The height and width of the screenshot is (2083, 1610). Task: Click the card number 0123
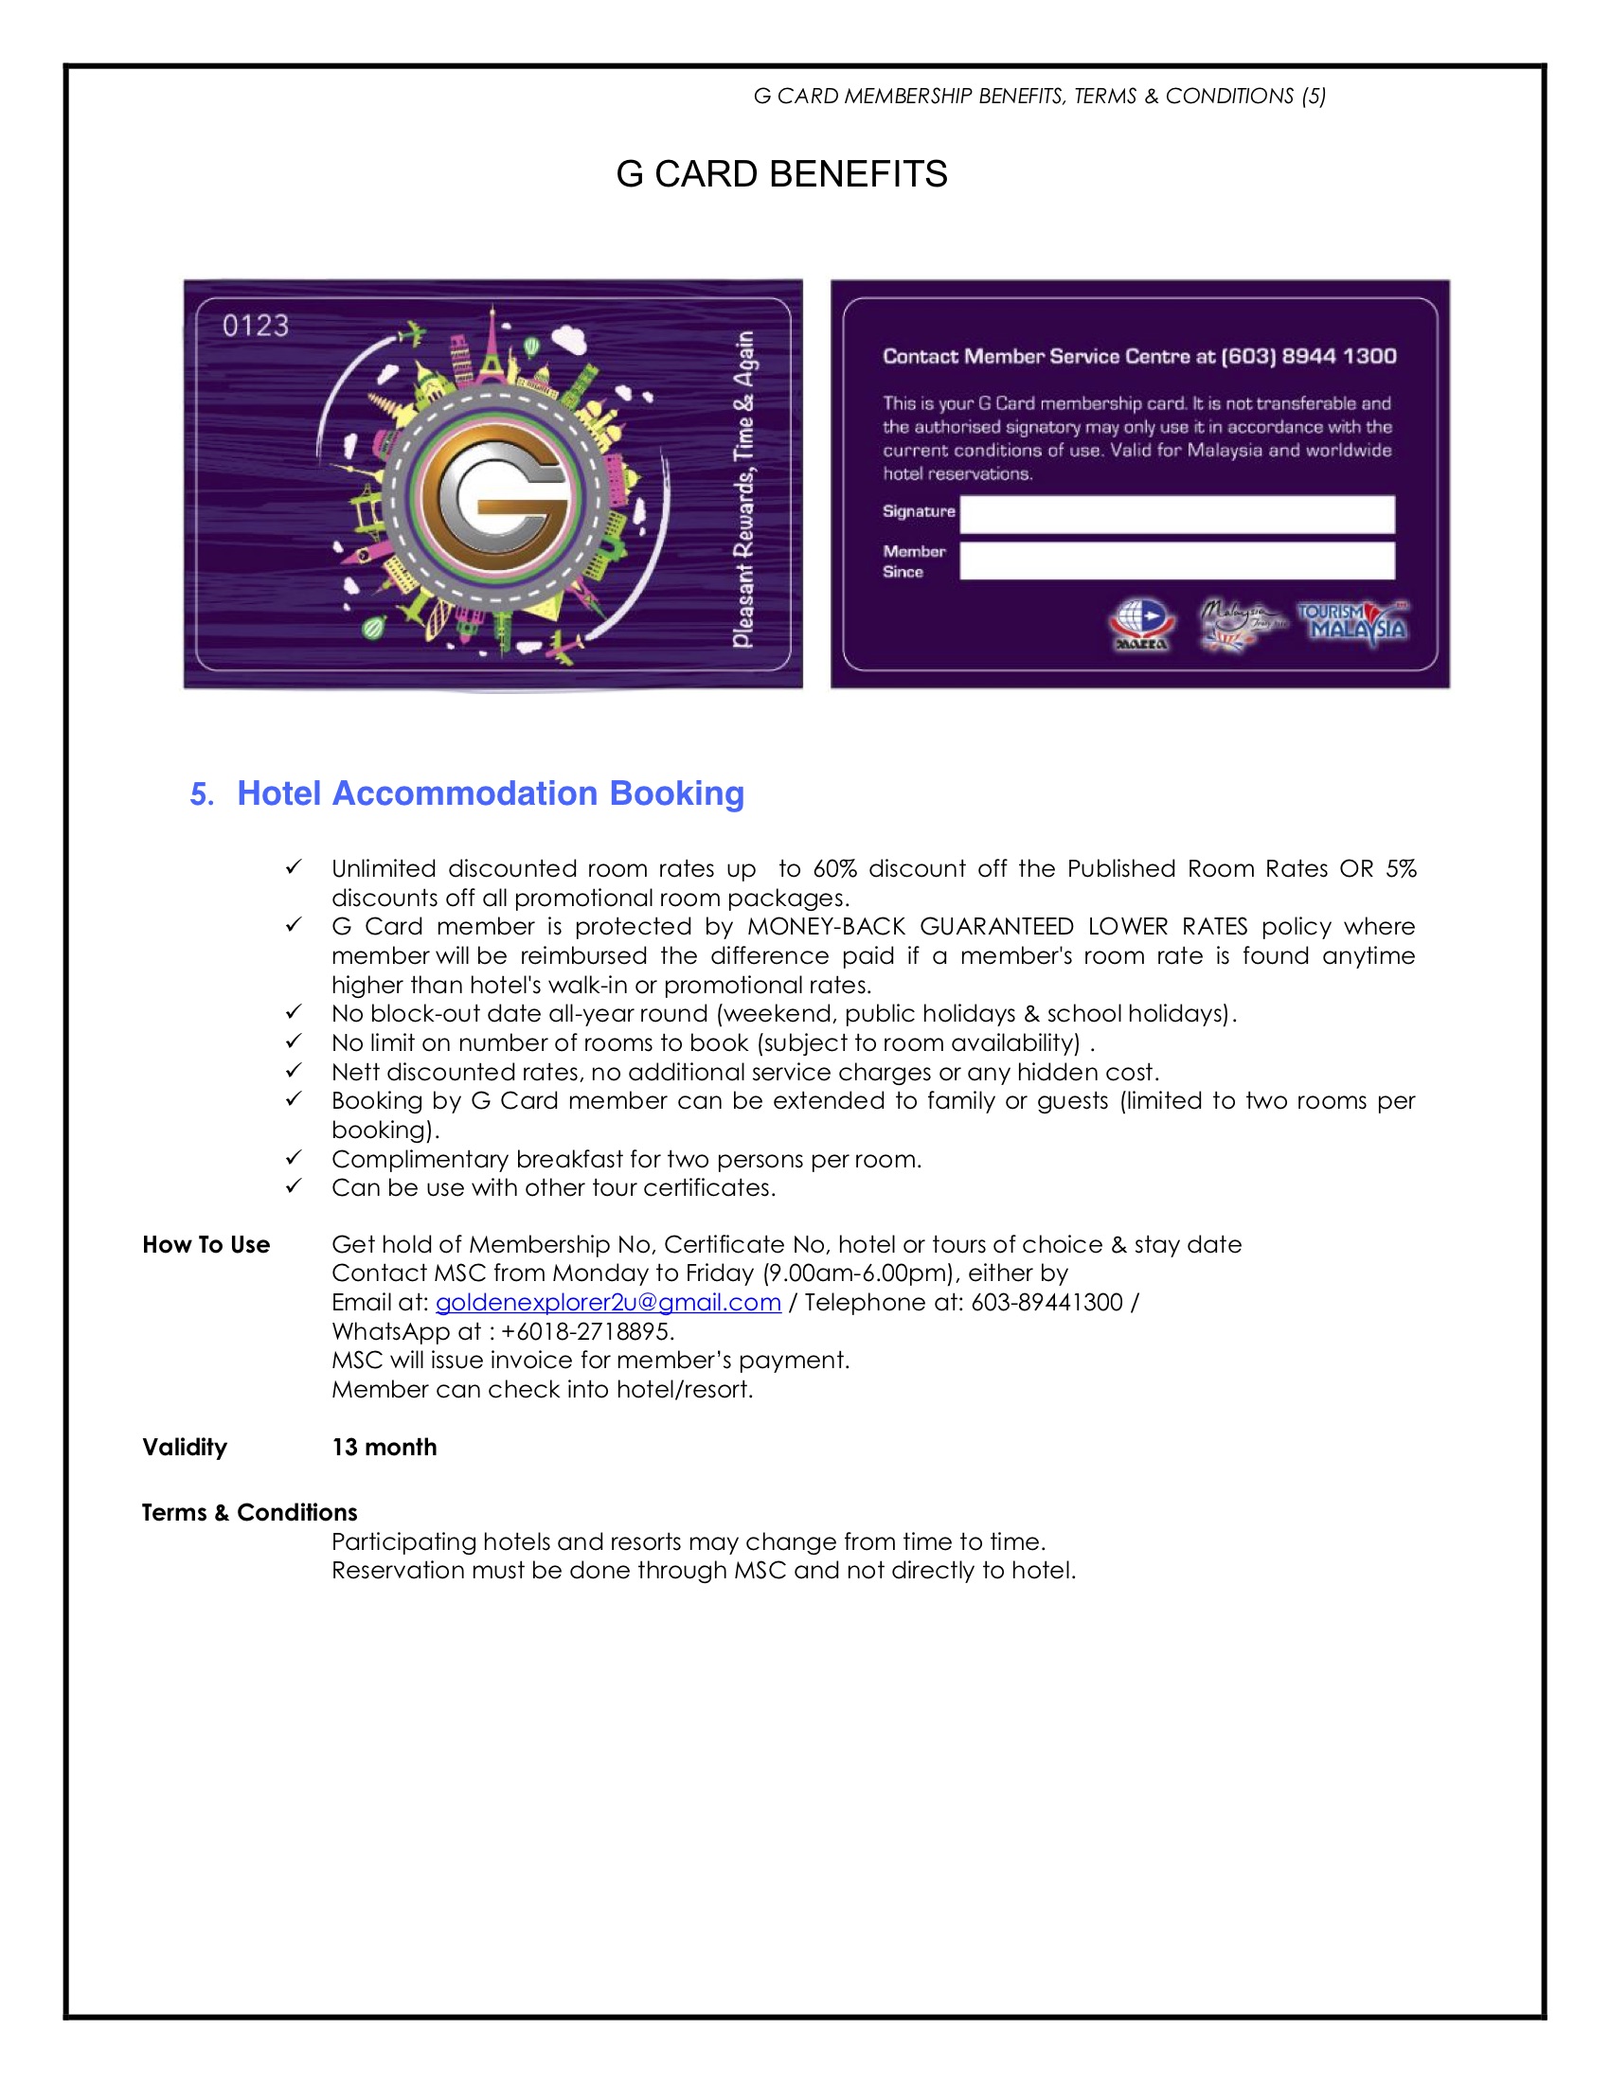tap(256, 327)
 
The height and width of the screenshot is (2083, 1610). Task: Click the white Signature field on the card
tap(1177, 514)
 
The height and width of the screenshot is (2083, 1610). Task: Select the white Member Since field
tap(1177, 561)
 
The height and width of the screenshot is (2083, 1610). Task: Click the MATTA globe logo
tap(1142, 624)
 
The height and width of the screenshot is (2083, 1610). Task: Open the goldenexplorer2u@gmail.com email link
tap(609, 1303)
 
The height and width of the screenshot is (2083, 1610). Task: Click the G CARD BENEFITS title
tap(781, 174)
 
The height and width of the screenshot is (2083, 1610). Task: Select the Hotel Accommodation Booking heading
tap(491, 793)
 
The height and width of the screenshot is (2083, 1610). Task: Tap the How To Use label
tap(206, 1245)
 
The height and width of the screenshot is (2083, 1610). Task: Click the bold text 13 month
tap(385, 1447)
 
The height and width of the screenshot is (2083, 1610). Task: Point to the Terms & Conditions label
tap(250, 1513)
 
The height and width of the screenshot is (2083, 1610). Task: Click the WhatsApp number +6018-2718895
tap(585, 1331)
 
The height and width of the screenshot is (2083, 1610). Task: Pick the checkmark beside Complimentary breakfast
tap(294, 1158)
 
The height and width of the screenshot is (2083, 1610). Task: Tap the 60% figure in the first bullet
tap(834, 869)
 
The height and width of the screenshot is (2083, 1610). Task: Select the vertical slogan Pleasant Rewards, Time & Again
tap(743, 490)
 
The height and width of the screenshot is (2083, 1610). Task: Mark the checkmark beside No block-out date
tap(294, 1012)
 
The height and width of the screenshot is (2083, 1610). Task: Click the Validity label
tap(185, 1447)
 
